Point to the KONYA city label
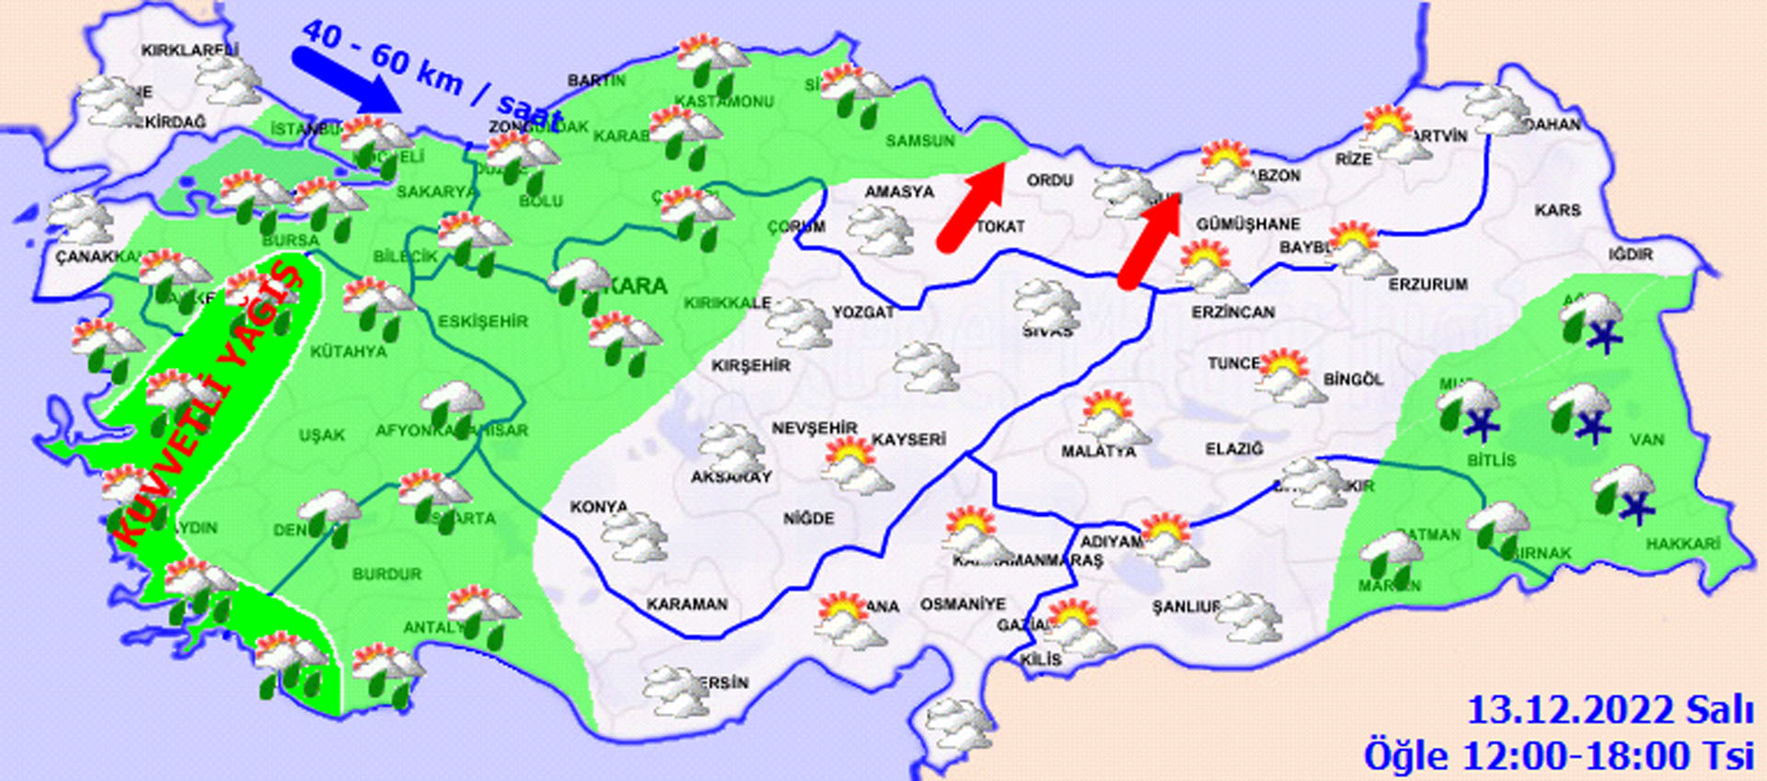click(x=598, y=507)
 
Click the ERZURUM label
click(x=1427, y=285)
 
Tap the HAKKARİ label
click(x=1682, y=545)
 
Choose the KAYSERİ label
click(x=908, y=440)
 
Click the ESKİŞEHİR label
click(x=482, y=321)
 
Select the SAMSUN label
click(x=919, y=141)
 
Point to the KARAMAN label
click(x=687, y=604)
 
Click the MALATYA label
click(x=1098, y=452)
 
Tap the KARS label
click(x=1557, y=211)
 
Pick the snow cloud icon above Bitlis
click(x=1470, y=408)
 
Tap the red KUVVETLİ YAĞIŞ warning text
click(x=207, y=405)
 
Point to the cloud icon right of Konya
click(x=633, y=536)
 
